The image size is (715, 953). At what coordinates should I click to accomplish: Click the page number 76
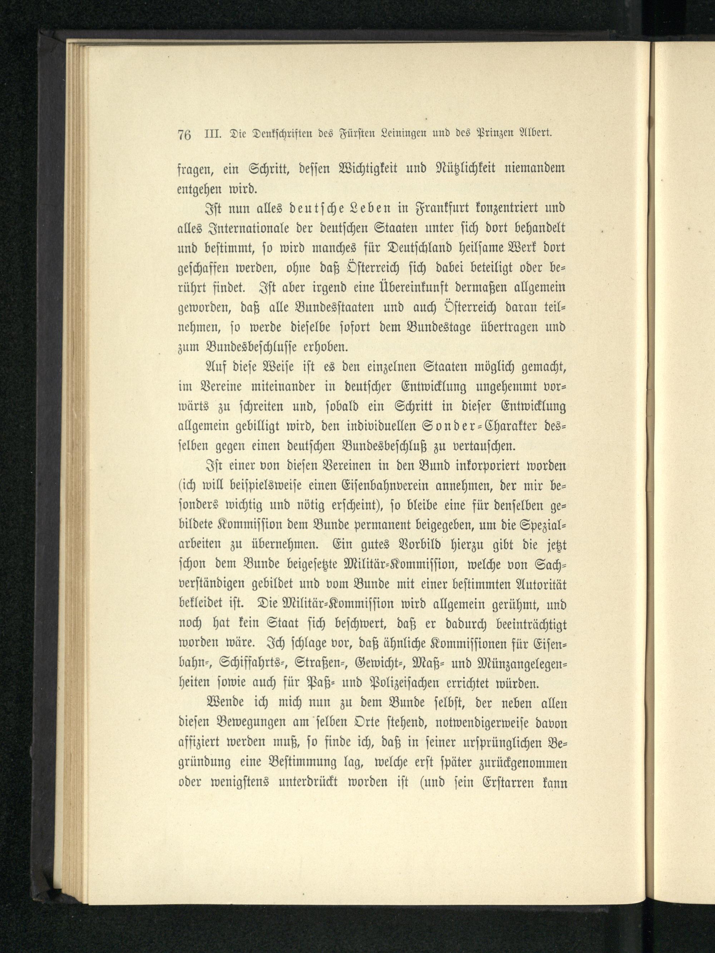[x=184, y=135]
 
